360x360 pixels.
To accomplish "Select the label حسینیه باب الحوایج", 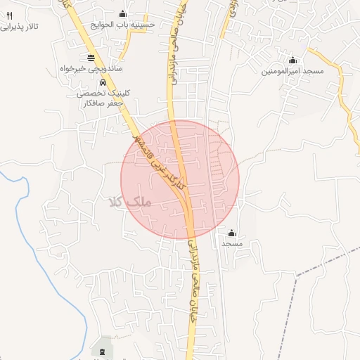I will (x=122, y=23).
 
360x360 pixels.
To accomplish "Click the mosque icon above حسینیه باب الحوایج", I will (x=122, y=13).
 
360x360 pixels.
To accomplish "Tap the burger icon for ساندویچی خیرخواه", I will (x=91, y=57).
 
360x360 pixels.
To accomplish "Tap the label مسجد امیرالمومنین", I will (x=293, y=71).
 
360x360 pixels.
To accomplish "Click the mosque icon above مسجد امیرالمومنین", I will (x=293, y=60).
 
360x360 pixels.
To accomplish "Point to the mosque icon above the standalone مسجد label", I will (x=232, y=232).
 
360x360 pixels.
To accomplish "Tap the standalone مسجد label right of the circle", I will (x=232, y=243).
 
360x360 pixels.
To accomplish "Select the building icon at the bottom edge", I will (x=104, y=350).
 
